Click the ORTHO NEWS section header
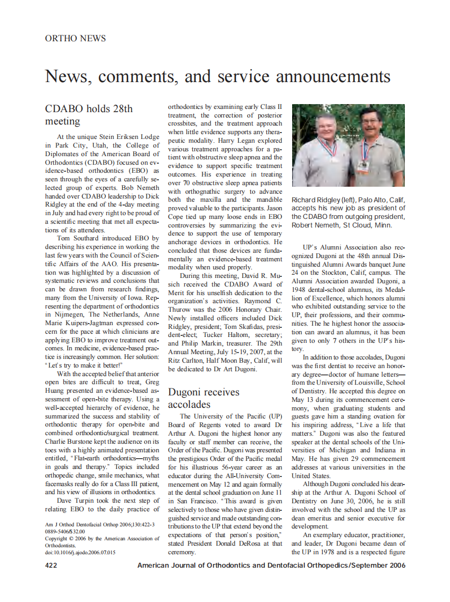point(75,39)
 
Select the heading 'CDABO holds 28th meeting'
point(89,115)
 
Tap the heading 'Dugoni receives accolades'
point(204,398)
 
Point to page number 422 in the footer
point(51,565)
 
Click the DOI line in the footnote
point(80,552)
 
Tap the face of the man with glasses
point(371,124)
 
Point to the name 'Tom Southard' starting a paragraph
point(78,238)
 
